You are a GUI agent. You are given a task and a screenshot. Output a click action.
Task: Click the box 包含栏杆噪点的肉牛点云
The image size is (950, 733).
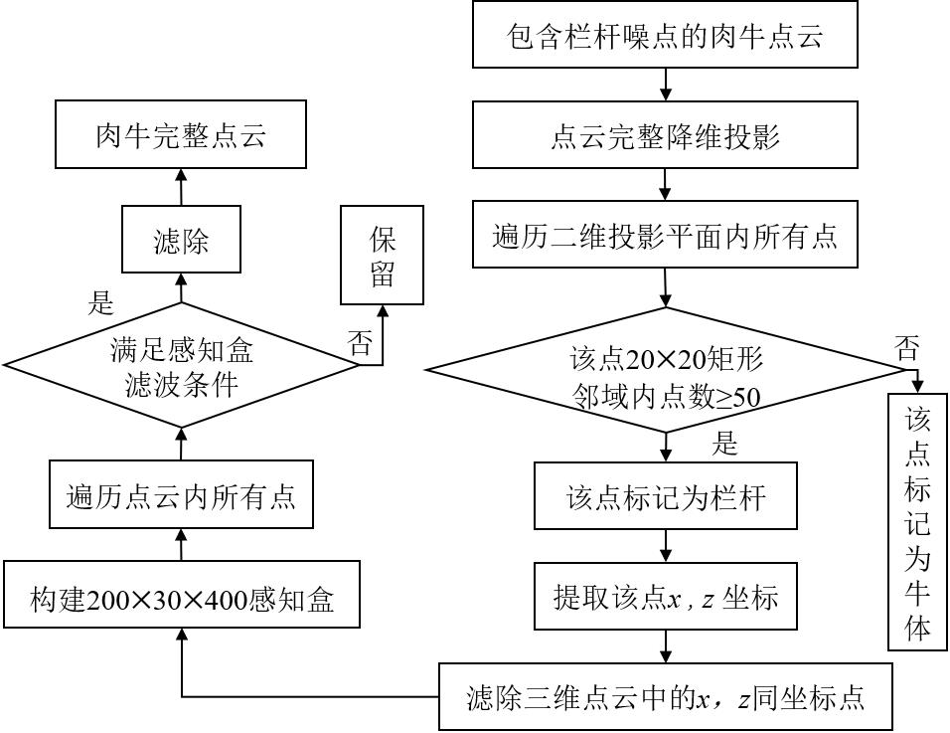coord(665,38)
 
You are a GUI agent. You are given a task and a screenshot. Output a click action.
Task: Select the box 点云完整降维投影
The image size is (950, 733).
coord(665,136)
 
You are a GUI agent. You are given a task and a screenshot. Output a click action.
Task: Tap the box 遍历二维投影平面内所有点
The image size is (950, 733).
coord(665,236)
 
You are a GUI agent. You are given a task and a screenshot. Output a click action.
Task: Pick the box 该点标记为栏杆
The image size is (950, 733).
coord(666,496)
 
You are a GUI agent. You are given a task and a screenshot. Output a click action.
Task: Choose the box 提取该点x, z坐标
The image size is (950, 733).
coord(666,598)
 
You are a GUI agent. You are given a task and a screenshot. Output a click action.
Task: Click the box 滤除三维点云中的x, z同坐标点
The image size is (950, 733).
coord(666,696)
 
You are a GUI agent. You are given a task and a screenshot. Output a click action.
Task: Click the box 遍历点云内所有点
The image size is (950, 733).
coord(181,495)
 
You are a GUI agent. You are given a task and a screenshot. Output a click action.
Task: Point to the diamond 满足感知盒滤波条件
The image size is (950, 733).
coord(181,367)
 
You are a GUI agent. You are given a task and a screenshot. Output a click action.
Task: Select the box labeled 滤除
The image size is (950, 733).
coord(181,240)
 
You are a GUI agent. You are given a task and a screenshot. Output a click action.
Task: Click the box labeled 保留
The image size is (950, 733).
coord(383,256)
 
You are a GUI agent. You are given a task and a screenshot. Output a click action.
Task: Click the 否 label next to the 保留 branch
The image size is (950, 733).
coord(359,343)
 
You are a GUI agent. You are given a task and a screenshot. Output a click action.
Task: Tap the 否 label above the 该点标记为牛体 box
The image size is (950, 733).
coord(906,347)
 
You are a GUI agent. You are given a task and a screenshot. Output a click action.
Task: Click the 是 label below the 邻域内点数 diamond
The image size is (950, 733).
coord(725,445)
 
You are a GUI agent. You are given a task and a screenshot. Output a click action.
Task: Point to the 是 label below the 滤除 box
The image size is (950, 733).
coord(101,301)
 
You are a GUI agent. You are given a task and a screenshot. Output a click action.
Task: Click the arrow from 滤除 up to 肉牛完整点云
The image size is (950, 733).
coord(181,187)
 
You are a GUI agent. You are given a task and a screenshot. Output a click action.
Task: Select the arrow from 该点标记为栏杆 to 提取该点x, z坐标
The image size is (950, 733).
coord(666,546)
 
